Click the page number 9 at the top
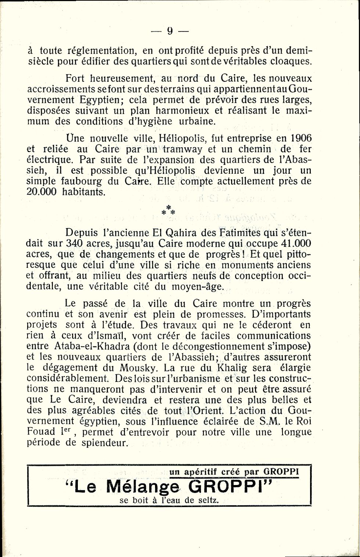170,31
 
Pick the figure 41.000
294,243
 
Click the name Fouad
41,432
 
